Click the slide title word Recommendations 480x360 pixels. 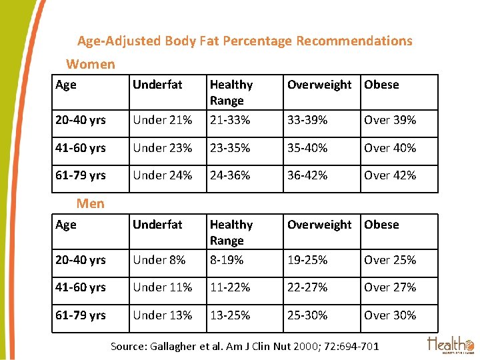354,41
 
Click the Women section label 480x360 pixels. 91,64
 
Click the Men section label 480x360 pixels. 91,203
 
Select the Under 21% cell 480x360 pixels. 162,120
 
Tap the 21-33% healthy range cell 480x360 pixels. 230,120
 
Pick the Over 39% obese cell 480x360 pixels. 390,120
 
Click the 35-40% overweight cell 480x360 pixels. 307,148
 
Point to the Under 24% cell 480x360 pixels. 162,175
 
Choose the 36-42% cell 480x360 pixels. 307,175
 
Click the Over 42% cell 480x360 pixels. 390,175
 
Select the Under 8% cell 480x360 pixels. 159,260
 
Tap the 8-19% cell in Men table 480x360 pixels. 227,260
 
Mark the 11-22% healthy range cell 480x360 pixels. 230,287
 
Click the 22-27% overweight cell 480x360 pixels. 307,287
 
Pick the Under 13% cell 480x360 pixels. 162,315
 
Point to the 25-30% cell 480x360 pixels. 307,315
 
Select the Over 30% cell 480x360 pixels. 390,315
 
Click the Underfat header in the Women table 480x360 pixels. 157,85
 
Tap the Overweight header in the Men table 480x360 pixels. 319,225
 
